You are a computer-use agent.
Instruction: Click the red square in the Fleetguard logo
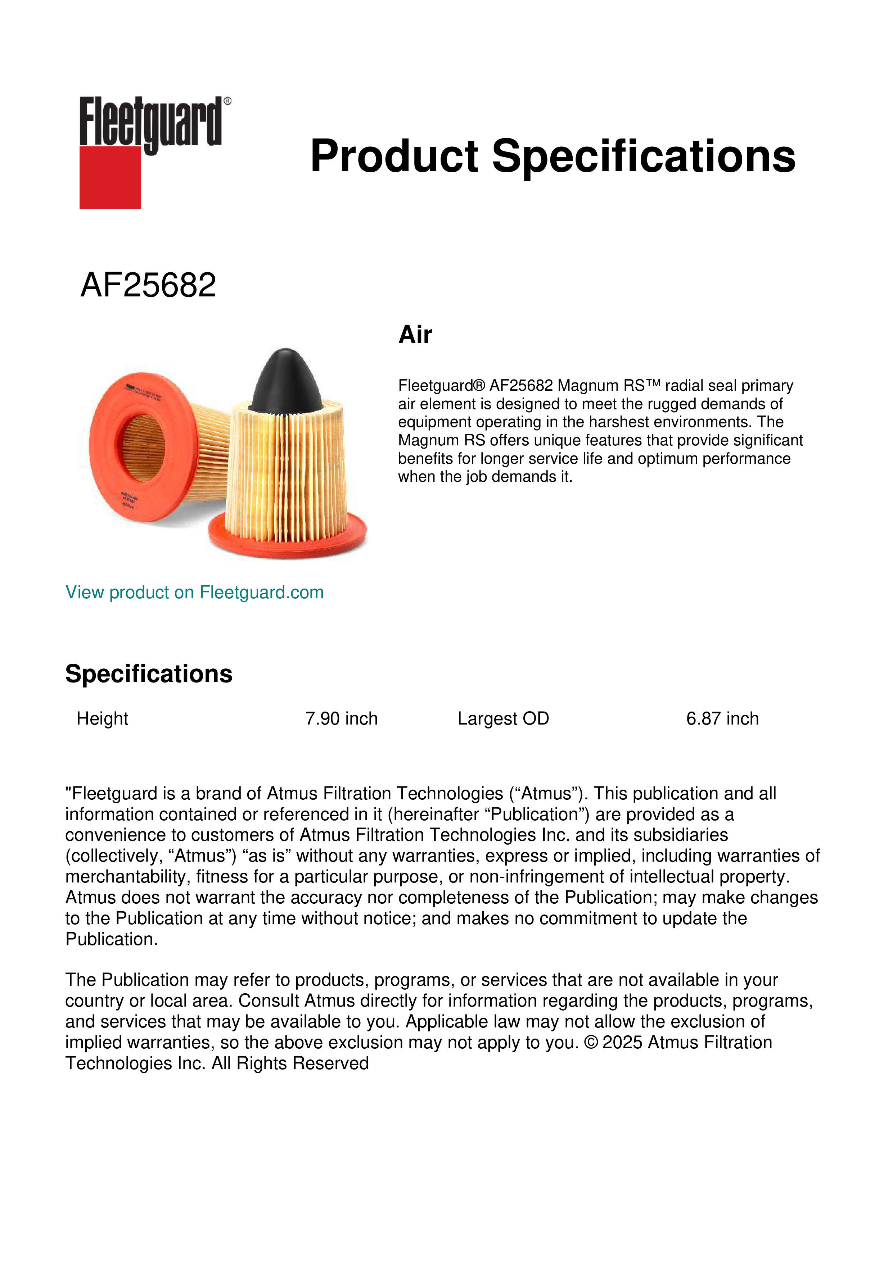(x=110, y=177)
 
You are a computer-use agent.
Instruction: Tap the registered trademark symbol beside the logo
(x=227, y=101)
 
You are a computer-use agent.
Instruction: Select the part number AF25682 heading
(x=148, y=285)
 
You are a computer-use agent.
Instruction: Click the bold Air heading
(x=415, y=334)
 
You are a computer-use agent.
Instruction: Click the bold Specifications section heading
(x=148, y=674)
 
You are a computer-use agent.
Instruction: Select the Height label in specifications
(x=102, y=718)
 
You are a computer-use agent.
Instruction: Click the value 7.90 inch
(x=342, y=718)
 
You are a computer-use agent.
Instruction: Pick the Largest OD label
(x=503, y=718)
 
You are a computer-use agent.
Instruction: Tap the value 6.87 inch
(x=722, y=718)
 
